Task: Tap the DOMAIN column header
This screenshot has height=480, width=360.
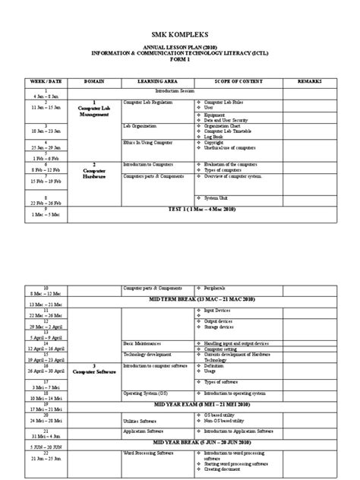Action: [95, 80]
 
